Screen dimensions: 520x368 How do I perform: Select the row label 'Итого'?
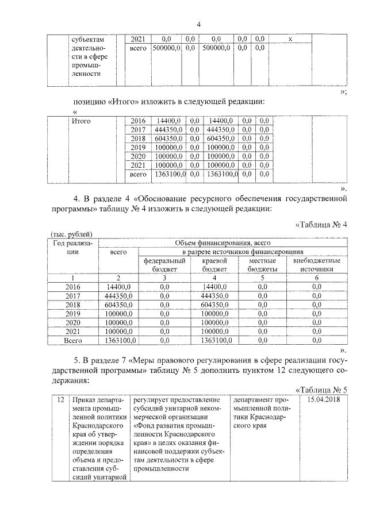pyautogui.click(x=81, y=121)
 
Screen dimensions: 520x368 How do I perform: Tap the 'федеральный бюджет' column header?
pyautogui.click(x=164, y=264)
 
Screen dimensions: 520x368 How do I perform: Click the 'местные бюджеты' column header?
pyautogui.click(x=263, y=264)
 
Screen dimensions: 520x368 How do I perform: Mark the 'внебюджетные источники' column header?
pyautogui.click(x=317, y=264)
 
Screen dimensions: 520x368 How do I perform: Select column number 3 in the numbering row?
pyautogui.click(x=164, y=278)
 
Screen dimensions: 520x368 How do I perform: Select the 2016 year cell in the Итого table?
pyautogui.click(x=138, y=121)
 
